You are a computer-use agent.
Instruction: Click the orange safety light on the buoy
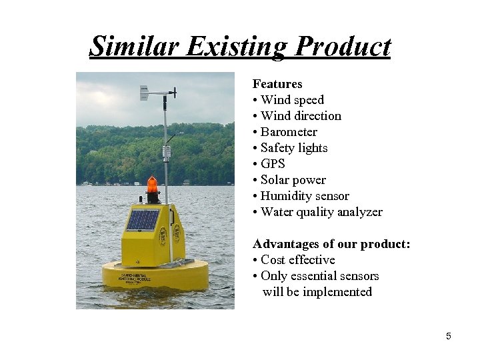(153, 185)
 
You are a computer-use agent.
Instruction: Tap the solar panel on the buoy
(143, 219)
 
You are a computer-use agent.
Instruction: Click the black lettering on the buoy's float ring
(134, 276)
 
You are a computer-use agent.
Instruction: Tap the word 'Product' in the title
(343, 47)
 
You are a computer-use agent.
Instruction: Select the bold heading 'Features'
(277, 84)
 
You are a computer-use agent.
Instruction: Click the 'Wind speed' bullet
(291, 100)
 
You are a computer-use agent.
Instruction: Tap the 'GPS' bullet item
(272, 164)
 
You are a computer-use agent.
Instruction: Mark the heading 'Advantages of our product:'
(331, 244)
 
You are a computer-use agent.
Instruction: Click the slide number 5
(448, 336)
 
